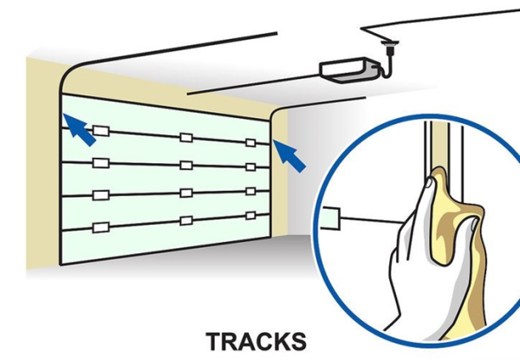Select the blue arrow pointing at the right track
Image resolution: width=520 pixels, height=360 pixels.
coord(290,155)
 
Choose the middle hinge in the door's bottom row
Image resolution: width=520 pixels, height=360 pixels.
coord(185,220)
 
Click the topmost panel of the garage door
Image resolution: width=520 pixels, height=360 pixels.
coord(165,117)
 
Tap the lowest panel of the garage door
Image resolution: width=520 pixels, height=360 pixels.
coord(165,243)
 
